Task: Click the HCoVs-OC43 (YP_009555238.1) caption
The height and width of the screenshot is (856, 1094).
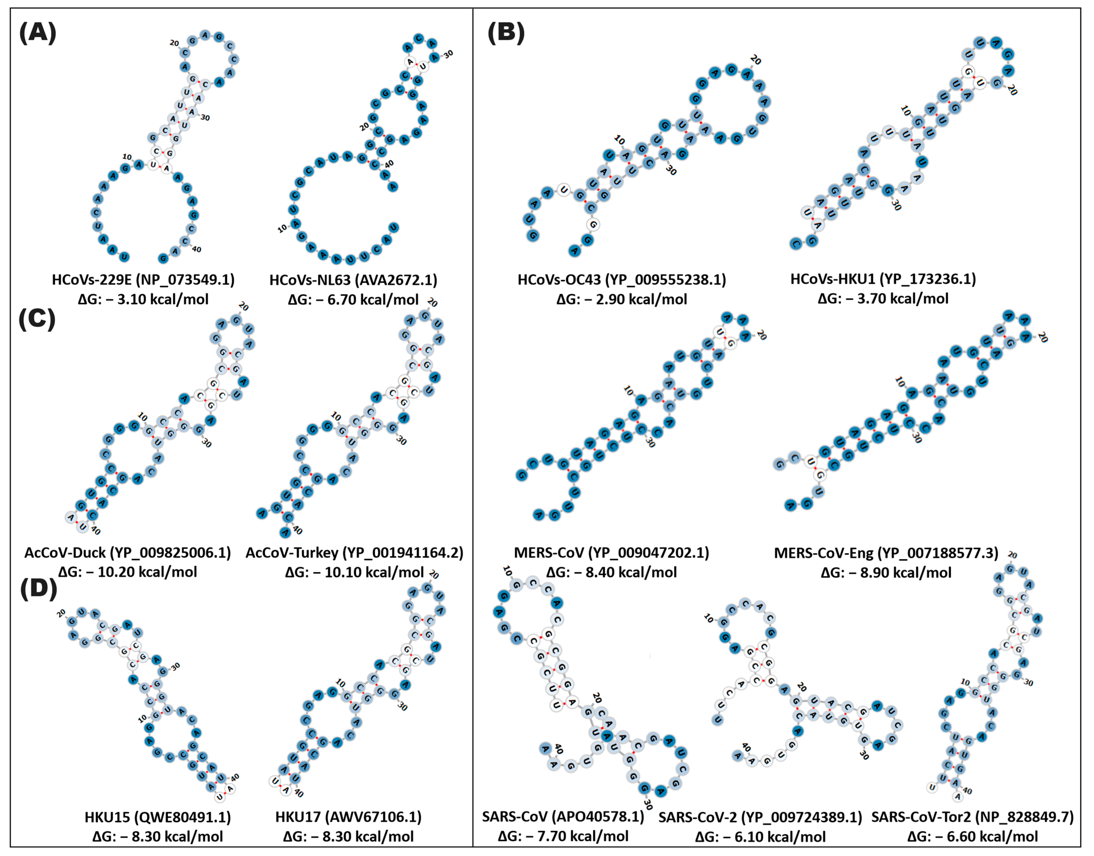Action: coord(622,280)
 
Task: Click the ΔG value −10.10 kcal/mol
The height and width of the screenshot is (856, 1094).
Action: coord(355,572)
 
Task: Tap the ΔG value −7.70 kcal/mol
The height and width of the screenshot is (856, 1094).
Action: coord(563,836)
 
